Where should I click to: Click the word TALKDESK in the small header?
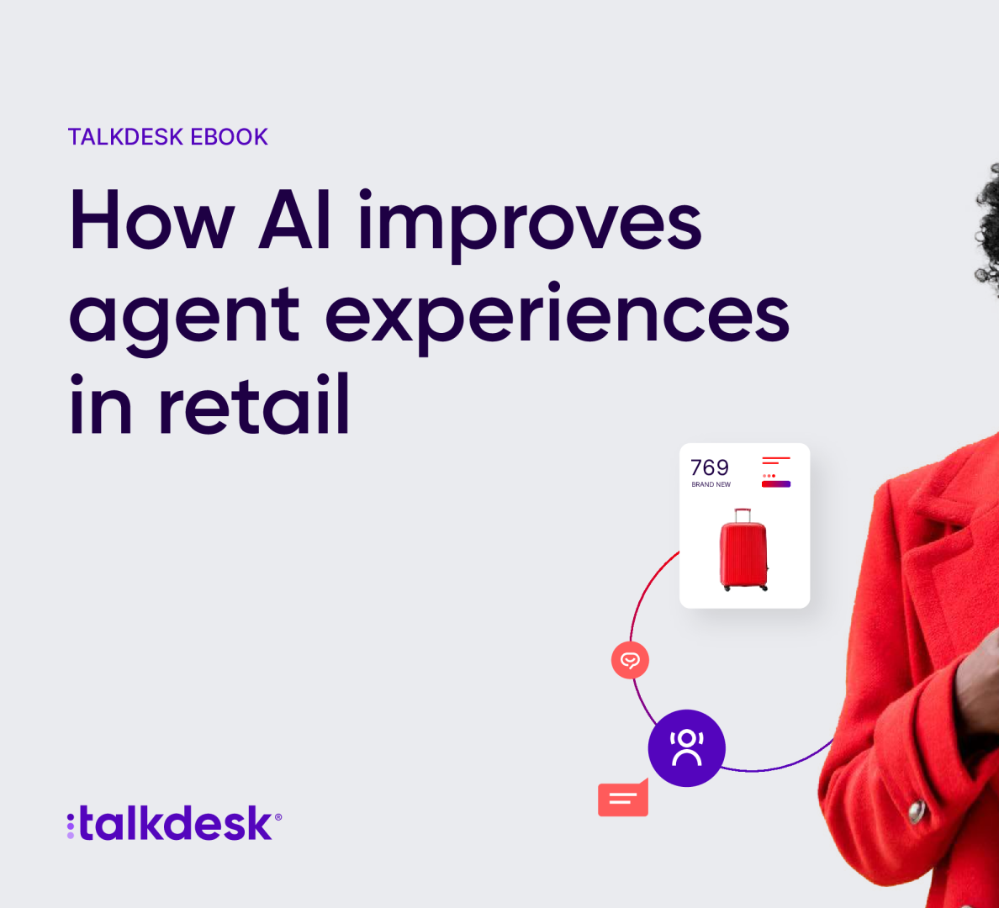click(x=125, y=137)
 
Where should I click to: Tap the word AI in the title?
click(x=295, y=219)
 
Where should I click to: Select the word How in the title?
click(x=151, y=219)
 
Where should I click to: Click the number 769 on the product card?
click(x=709, y=467)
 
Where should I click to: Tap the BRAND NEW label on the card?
click(x=711, y=485)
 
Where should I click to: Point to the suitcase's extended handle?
click(x=743, y=515)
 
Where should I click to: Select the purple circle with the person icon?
click(x=687, y=748)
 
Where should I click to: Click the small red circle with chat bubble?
click(x=630, y=660)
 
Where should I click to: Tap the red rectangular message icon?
click(x=623, y=798)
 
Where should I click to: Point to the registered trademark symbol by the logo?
click(x=277, y=817)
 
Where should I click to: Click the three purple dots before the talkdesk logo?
click(x=71, y=826)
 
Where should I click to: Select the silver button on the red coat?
click(x=917, y=811)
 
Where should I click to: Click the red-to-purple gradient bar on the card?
click(x=776, y=484)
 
